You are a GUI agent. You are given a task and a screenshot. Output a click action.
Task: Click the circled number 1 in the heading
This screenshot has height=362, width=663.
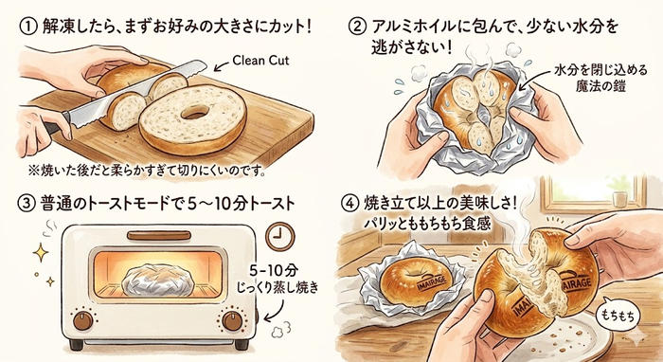pos(28,27)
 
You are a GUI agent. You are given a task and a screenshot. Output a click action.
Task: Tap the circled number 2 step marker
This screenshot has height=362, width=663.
pos(357,27)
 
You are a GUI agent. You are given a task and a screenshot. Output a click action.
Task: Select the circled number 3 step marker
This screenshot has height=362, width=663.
pos(27,204)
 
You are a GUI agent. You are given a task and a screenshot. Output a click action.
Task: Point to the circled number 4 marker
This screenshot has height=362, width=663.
pos(349,204)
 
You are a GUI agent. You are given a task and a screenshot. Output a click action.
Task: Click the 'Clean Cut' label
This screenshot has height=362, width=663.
pos(260,61)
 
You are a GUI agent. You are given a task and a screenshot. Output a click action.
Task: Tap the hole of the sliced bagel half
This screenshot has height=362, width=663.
pos(193,112)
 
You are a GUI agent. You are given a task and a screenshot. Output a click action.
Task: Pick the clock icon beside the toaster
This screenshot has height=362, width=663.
pos(280,235)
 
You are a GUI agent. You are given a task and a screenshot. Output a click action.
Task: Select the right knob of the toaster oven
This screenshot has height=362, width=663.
pos(232,320)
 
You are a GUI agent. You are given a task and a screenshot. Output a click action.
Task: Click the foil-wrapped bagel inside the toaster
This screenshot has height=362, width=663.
pos(158,280)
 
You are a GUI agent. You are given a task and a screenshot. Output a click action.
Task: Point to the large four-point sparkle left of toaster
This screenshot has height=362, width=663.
pos(41,253)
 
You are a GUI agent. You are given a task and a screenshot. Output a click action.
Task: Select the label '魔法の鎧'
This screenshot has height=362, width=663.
pos(600,86)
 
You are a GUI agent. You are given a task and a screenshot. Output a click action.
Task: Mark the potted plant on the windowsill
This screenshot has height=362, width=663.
pos(618,191)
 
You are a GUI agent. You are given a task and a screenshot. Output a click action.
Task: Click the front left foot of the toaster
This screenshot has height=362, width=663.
pos(76,345)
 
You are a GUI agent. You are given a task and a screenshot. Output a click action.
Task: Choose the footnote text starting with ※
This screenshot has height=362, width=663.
pos(147,171)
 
